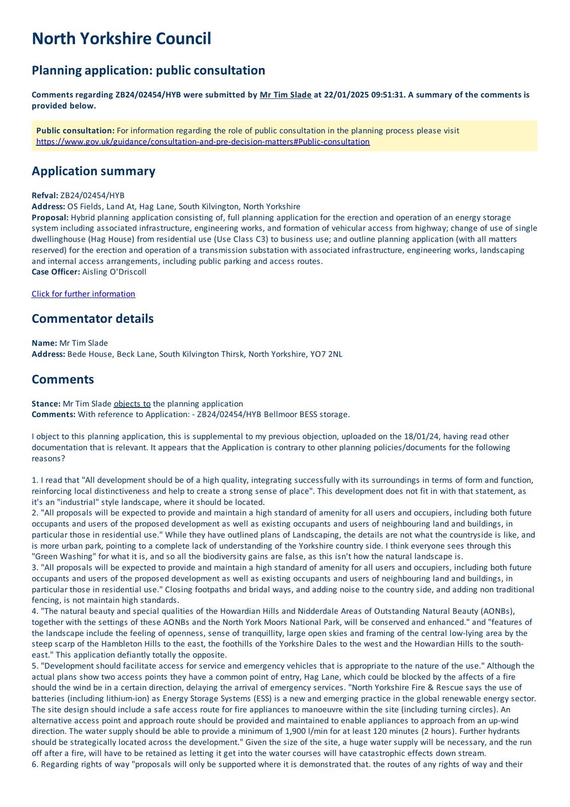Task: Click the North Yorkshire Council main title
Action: coord(121,39)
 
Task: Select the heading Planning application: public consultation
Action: coord(148,70)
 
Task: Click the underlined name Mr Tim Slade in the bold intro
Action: coord(286,95)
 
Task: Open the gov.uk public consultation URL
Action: coord(203,142)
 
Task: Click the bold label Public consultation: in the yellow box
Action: coord(75,131)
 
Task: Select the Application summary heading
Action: coord(93,171)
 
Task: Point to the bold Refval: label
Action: coord(45,196)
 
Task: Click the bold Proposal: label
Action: coord(50,217)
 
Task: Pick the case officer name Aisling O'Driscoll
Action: coord(114,272)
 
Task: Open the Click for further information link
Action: coord(83,294)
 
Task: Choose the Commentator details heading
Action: coord(92,319)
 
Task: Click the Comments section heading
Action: coord(63,379)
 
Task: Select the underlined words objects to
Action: coord(132,403)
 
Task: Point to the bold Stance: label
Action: coord(46,403)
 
